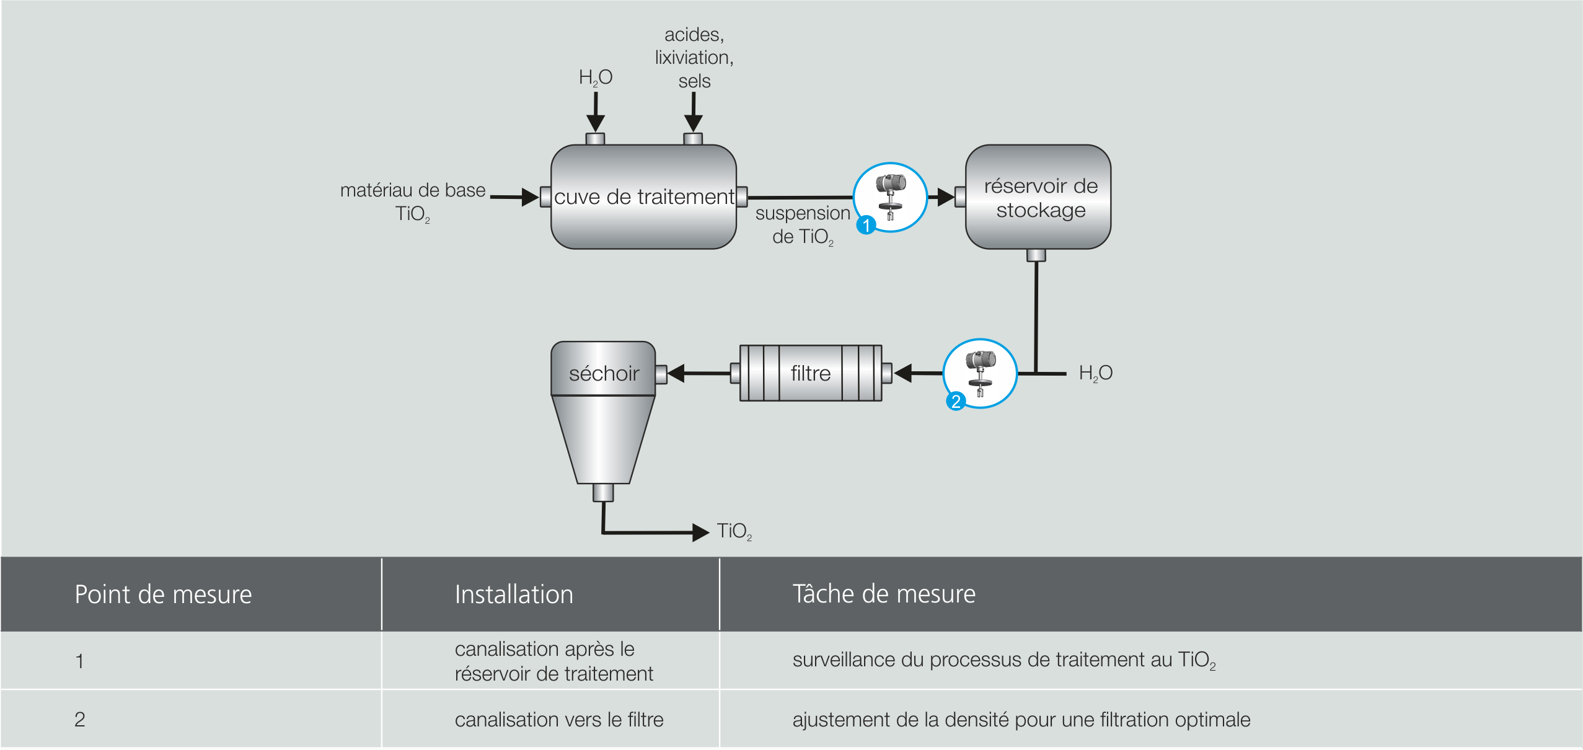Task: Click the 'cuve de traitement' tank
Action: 643,197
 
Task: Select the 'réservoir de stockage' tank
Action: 1038,197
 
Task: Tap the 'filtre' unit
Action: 810,373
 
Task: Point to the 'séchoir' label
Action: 604,373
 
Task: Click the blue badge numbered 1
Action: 866,224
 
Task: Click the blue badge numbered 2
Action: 956,401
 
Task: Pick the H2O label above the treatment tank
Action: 595,77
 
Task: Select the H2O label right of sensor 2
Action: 1095,373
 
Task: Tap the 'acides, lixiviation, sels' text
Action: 694,58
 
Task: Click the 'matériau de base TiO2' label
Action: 413,201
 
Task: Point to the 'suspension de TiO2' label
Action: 803,224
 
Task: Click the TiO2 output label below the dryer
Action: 734,531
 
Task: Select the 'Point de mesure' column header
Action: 163,594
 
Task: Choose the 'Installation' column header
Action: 514,594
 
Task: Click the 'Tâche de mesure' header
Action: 884,594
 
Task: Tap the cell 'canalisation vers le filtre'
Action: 559,720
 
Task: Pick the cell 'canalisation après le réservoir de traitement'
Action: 553,661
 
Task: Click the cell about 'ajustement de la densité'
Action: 1021,720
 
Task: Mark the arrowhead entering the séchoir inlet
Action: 676,373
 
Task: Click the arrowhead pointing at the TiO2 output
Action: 701,532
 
